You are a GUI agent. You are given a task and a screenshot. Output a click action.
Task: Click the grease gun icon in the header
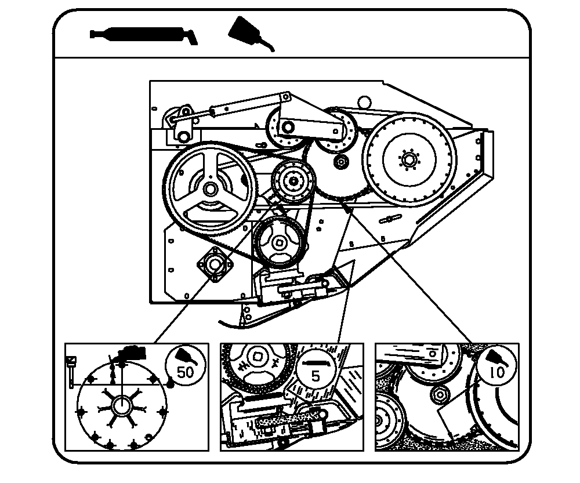143,35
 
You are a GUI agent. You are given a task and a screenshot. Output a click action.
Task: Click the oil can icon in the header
251,33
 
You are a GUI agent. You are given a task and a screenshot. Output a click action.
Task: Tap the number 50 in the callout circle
186,372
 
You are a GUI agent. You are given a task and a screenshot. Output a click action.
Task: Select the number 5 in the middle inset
315,376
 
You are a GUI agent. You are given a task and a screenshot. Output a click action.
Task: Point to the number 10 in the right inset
497,372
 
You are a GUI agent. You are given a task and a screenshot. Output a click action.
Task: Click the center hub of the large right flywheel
409,160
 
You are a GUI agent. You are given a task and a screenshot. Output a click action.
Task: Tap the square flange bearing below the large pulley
215,264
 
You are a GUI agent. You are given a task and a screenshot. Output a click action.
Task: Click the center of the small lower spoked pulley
278,243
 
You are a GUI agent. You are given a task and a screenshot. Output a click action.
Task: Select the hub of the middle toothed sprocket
293,180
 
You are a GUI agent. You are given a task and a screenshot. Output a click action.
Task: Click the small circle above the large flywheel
364,101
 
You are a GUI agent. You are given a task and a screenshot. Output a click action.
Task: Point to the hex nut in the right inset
440,395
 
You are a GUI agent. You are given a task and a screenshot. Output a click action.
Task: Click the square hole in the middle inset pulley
257,357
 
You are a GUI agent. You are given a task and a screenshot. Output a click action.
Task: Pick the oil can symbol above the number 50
186,357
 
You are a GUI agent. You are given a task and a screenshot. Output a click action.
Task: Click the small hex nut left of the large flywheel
340,161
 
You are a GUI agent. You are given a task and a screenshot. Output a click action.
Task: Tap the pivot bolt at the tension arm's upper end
285,97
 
